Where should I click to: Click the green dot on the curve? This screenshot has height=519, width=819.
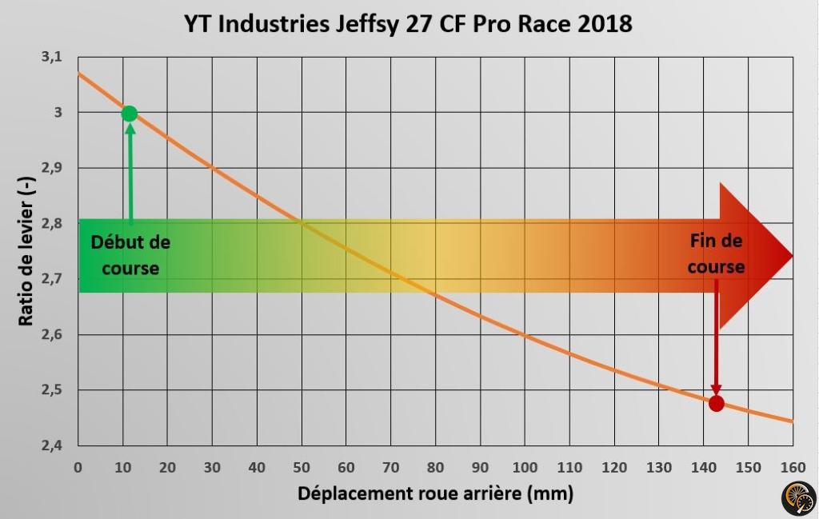click(130, 114)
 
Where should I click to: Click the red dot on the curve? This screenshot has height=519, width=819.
click(716, 403)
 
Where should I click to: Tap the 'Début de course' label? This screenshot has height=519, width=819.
click(130, 254)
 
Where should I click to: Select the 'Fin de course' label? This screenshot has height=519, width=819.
click(716, 253)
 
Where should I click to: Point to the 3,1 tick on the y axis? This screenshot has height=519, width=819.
click(51, 58)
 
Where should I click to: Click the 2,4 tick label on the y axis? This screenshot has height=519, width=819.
click(51, 445)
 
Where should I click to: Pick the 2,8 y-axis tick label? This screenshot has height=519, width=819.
click(51, 224)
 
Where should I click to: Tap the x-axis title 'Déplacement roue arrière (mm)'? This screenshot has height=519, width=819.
click(435, 493)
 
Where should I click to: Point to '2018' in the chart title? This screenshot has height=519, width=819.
click(605, 23)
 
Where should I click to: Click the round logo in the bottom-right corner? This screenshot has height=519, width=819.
click(797, 498)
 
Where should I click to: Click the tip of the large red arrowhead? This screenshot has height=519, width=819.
click(792, 256)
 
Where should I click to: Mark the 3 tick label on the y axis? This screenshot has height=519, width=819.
click(58, 113)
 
